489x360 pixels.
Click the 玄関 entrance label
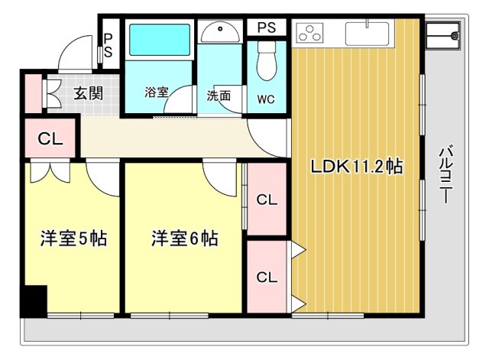pyautogui.click(x=88, y=93)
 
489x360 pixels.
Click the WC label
pyautogui.click(x=266, y=99)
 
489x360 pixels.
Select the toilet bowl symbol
pyautogui.click(x=266, y=63)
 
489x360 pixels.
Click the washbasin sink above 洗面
pyautogui.click(x=222, y=31)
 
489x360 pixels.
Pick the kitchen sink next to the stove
pyautogui.click(x=368, y=33)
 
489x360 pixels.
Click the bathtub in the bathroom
pyautogui.click(x=158, y=41)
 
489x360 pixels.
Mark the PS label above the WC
pyautogui.click(x=266, y=28)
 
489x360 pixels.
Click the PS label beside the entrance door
pyautogui.click(x=108, y=45)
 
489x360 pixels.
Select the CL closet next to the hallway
pyautogui.click(x=50, y=139)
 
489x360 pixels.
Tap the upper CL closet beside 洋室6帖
pyautogui.click(x=265, y=200)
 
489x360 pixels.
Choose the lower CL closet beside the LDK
pyautogui.click(x=265, y=276)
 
